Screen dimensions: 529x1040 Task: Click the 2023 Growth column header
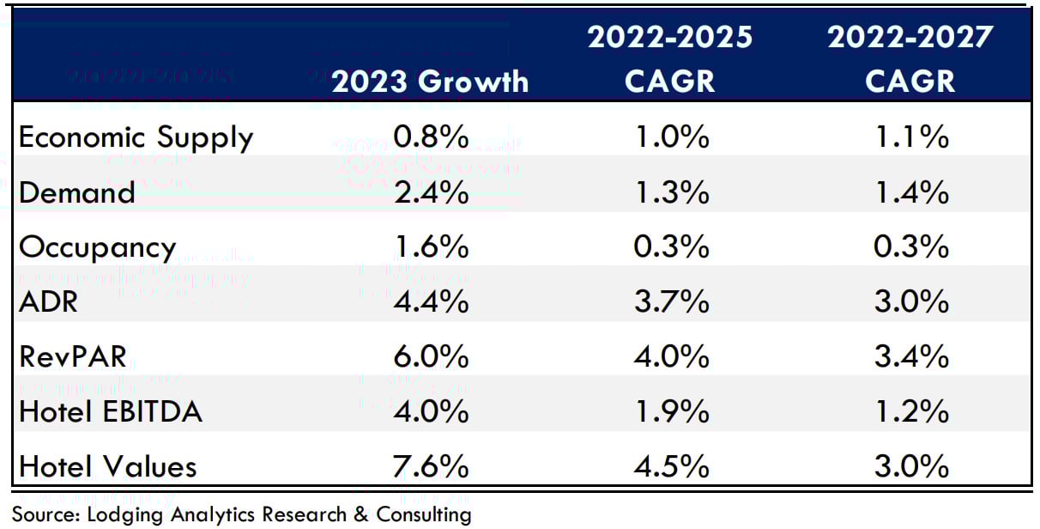coord(430,81)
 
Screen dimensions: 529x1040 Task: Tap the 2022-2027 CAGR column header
coord(910,59)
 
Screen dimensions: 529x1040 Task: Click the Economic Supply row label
coord(136,137)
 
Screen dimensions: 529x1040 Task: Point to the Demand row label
coord(77,192)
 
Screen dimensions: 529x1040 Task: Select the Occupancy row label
coord(97,247)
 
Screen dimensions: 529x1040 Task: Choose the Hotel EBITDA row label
coord(111,412)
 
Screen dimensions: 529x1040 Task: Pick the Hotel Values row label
coord(108,467)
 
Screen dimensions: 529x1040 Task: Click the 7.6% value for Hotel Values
coord(430,467)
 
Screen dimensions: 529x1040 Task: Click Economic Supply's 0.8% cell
coord(430,137)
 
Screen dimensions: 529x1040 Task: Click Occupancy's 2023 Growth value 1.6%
coord(430,247)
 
